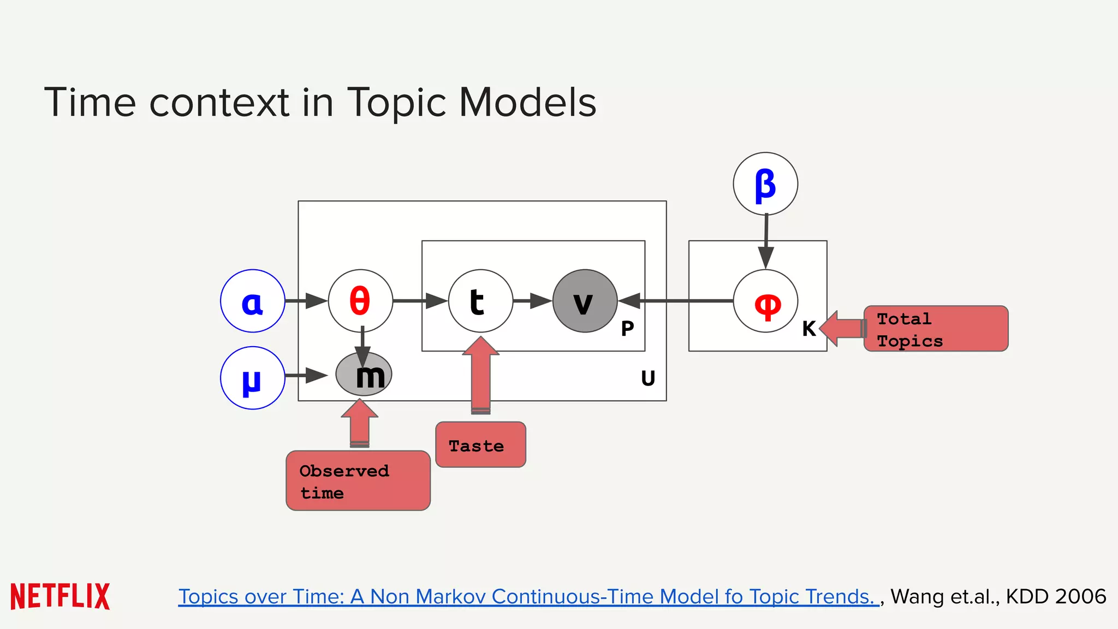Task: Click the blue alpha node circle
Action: point(252,301)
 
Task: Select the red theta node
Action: point(360,301)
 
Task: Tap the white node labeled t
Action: point(480,301)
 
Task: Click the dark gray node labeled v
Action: point(585,301)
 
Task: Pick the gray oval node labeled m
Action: point(364,375)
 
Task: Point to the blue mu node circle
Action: point(252,378)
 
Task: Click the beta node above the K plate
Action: point(765,184)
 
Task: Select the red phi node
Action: point(765,301)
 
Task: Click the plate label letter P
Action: point(628,328)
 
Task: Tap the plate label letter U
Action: point(648,378)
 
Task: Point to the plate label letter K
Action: point(809,329)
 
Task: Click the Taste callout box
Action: point(480,444)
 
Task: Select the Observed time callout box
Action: point(358,480)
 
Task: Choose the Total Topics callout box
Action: point(936,329)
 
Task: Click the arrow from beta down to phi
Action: point(766,240)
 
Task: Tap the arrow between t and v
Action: point(533,301)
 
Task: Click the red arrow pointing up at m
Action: point(360,423)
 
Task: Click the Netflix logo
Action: point(60,596)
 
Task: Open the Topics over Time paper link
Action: point(527,596)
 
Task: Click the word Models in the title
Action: point(527,102)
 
